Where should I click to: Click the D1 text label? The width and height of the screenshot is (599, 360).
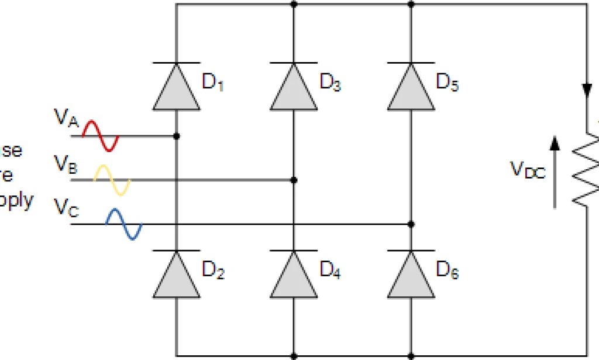(213, 82)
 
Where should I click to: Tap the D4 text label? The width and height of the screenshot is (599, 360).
(330, 269)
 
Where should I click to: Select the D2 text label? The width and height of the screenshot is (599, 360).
(213, 269)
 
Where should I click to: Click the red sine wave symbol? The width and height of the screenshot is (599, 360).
(100, 136)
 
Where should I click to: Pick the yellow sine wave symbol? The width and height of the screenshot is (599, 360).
(112, 180)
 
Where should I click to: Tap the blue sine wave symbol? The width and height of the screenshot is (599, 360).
(124, 224)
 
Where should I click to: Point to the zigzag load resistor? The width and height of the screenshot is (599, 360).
(586, 170)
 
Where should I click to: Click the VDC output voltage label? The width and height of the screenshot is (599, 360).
(527, 170)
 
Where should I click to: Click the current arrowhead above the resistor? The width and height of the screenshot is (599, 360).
(586, 90)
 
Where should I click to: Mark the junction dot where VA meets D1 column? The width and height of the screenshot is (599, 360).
(177, 136)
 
